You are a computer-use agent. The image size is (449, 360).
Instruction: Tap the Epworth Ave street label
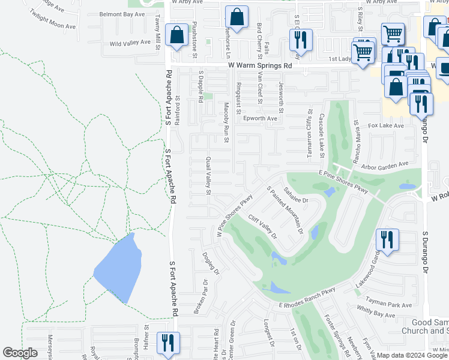click(x=260, y=119)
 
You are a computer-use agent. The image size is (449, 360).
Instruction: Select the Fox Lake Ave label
click(x=386, y=126)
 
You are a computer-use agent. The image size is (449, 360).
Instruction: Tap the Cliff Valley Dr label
click(x=262, y=227)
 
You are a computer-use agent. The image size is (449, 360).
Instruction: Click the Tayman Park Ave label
click(x=391, y=305)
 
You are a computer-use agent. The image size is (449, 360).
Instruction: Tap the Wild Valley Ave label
click(x=130, y=43)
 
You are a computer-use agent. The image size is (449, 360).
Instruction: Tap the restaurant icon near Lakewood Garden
click(x=385, y=240)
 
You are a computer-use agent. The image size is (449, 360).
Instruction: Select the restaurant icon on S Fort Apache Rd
click(x=166, y=343)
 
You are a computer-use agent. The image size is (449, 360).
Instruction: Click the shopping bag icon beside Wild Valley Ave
click(x=176, y=36)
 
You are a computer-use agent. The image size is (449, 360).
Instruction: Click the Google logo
click(x=20, y=353)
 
